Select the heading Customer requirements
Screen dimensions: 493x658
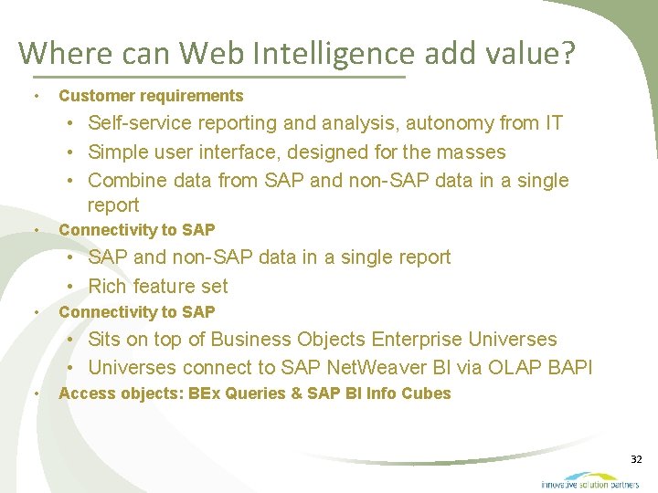[151, 96]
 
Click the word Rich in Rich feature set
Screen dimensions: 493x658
[108, 286]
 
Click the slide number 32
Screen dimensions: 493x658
[637, 459]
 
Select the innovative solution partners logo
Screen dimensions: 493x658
[590, 480]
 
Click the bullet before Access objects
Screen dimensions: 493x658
[35, 394]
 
